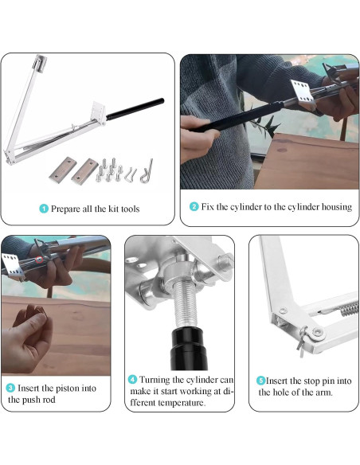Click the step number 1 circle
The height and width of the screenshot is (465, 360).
[x=44, y=209]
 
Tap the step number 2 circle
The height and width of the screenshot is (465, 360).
[x=194, y=206]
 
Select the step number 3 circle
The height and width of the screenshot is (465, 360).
[x=10, y=388]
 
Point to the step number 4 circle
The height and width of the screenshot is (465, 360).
[x=132, y=379]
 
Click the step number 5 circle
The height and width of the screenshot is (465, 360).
[x=260, y=381]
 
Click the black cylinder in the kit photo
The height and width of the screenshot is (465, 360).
[x=135, y=109]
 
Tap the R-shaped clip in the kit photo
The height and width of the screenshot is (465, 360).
[x=147, y=171]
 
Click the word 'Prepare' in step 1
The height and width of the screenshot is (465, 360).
[x=65, y=209]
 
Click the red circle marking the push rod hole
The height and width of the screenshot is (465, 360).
[x=39, y=260]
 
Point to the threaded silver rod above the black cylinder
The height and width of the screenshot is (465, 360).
[x=186, y=307]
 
